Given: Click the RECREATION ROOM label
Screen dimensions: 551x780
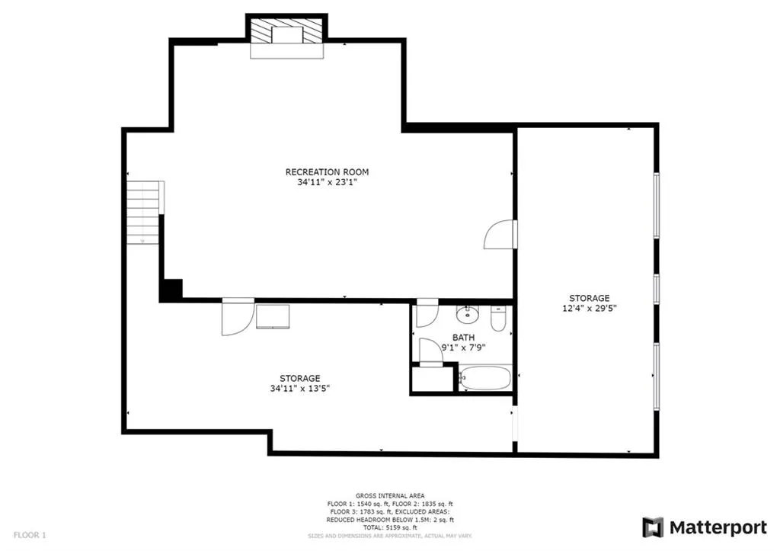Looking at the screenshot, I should coord(327,172).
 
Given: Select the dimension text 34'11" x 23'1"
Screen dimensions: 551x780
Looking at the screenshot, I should coord(327,183).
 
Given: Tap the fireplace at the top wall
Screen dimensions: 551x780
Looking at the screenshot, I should coord(287,37).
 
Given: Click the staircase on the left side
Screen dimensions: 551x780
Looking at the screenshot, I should coord(143,212).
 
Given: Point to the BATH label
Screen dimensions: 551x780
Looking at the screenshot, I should coord(463,337).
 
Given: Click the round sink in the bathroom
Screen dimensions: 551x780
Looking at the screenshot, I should coord(465,315).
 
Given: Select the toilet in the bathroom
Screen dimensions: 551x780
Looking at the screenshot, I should coord(499,319).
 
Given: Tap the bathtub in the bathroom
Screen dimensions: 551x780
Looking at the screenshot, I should coord(484,379).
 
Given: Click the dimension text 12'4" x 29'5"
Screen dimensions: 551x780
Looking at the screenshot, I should coord(589,309).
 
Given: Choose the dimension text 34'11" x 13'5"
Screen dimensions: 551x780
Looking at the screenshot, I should coord(299,389).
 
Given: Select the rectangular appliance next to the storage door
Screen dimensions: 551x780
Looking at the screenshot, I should coord(272,316).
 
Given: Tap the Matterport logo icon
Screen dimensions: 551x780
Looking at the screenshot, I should coord(653,527).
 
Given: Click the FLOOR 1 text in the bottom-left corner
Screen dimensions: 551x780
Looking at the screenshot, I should coord(30,536).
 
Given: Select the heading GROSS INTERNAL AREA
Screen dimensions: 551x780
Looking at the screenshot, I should coord(389,495).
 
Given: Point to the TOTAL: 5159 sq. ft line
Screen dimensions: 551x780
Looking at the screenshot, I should coord(389,527).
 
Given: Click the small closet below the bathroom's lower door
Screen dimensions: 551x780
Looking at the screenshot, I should coord(433,380).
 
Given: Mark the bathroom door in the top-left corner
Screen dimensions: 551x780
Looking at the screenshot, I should coord(425,316).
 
